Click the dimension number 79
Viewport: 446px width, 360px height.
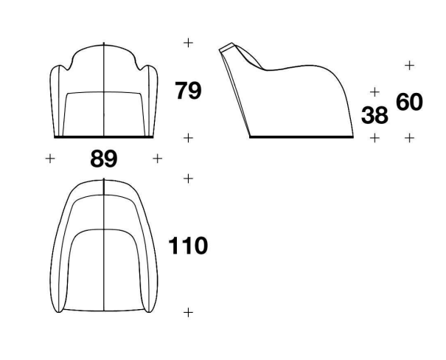click(188, 91)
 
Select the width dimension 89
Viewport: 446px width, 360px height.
click(104, 159)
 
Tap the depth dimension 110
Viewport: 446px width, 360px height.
click(188, 246)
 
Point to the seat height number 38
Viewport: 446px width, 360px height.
click(374, 115)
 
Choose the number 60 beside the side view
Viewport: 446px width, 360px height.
click(409, 102)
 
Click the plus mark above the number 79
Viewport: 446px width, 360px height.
click(188, 43)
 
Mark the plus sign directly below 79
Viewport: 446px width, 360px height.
click(188, 138)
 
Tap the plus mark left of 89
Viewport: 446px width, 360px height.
click(50, 159)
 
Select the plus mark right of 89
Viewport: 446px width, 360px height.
click(157, 159)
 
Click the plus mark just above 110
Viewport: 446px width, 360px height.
click(188, 179)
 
